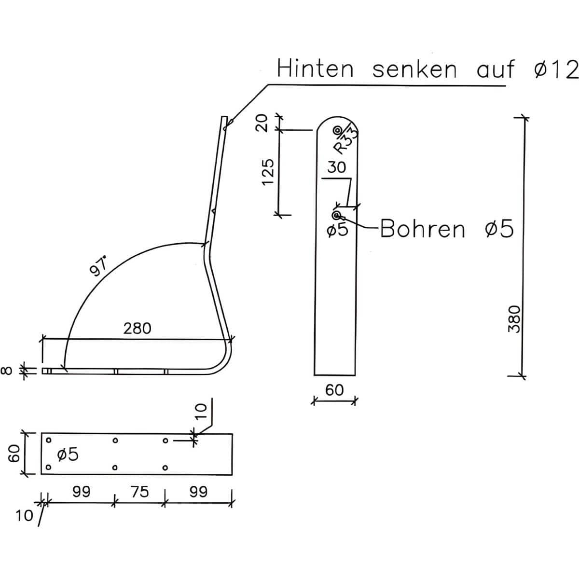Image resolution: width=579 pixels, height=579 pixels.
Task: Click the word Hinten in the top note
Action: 315,69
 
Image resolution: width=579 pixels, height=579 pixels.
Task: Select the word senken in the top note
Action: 414,69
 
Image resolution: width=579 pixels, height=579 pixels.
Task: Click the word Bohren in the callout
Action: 423,229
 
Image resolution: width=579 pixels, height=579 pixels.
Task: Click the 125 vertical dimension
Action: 268,172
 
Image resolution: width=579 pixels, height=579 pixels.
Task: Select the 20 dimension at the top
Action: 262,123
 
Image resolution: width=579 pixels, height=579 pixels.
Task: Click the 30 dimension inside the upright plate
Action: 336,167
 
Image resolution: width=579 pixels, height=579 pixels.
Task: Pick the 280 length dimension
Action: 137,329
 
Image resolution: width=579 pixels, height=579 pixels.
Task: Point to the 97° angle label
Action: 98,265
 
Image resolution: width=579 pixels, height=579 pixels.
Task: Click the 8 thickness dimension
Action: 7,370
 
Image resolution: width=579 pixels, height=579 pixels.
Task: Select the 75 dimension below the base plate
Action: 140,492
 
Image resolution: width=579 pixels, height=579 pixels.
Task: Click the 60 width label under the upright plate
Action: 334,390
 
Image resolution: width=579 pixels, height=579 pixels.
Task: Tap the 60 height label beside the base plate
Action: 14,454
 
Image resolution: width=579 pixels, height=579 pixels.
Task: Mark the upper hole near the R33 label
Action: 337,130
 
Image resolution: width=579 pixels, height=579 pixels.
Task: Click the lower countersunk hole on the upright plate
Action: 336,215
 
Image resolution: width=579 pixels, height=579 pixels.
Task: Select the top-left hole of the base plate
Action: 48,440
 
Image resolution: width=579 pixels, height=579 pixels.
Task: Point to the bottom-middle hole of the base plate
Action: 115,468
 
